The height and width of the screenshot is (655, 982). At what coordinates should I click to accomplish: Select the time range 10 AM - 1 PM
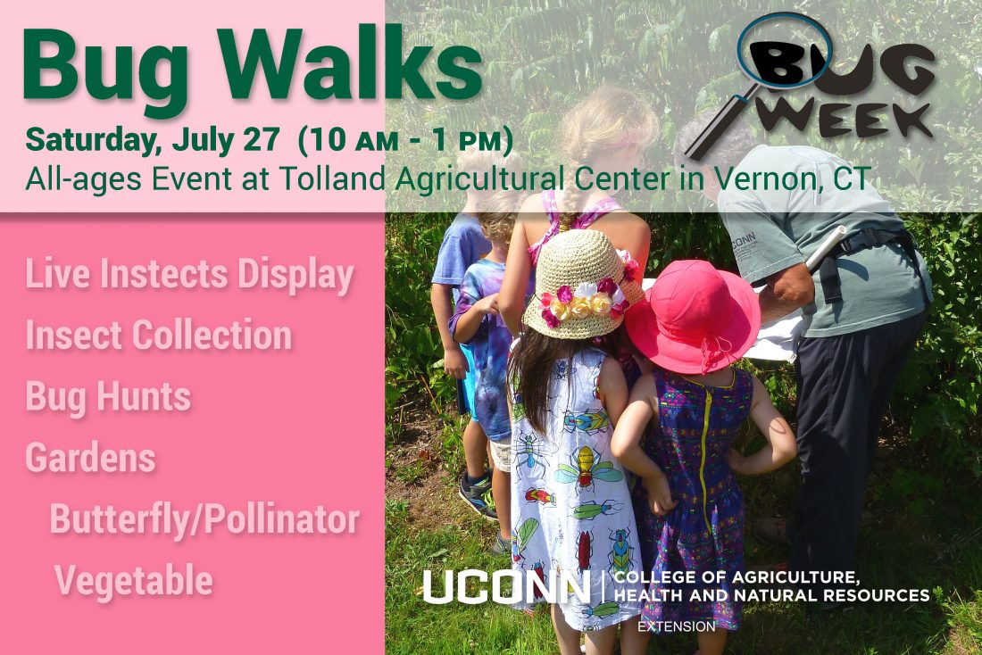[405, 140]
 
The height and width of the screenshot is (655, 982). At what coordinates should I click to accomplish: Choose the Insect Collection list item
[159, 336]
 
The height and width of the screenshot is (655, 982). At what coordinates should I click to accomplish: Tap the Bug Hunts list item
[108, 397]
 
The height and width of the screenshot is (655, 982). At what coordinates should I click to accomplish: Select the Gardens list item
[90, 458]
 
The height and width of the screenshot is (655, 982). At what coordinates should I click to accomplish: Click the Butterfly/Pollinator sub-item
[204, 518]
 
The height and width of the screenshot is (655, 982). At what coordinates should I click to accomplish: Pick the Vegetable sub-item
[134, 580]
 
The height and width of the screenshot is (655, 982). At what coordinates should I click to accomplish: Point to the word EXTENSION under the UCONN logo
[676, 626]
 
